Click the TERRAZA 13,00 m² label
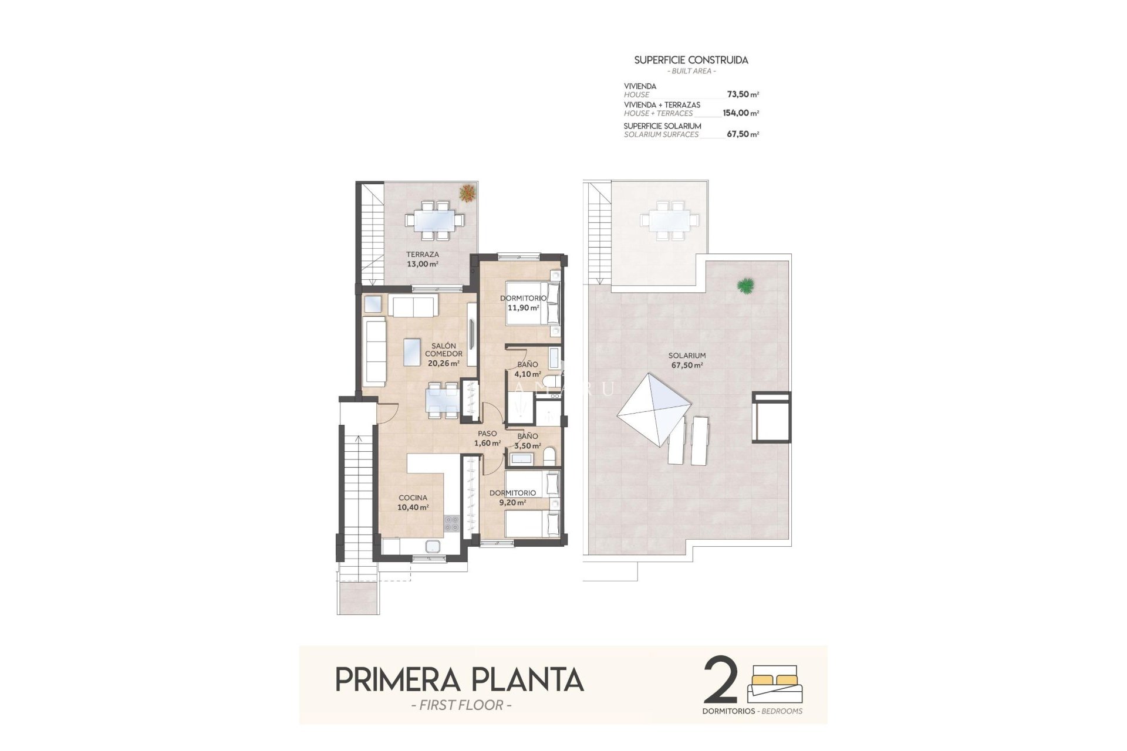[x=423, y=259]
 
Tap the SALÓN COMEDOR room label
[x=443, y=354]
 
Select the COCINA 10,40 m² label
[x=413, y=502]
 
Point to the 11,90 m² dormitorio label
[x=523, y=303]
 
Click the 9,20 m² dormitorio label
[x=512, y=498]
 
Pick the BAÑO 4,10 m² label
[x=527, y=369]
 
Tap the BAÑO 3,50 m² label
[x=527, y=441]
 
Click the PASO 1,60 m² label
[x=487, y=438]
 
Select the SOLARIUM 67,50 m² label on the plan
[x=687, y=360]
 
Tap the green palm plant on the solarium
[x=745, y=286]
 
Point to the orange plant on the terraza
[x=468, y=192]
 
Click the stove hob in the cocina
[x=451, y=523]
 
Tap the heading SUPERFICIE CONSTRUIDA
[x=691, y=60]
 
